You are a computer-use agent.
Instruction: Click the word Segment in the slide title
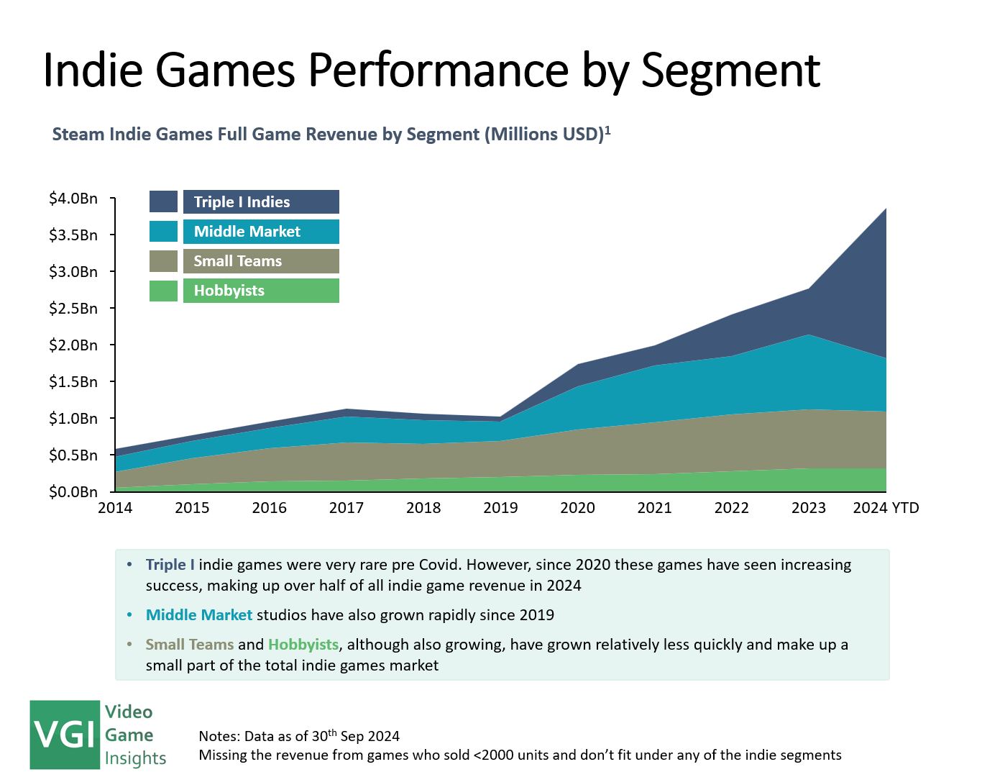730,71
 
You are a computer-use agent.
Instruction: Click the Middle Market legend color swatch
163,232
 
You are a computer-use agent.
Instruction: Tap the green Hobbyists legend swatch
163,291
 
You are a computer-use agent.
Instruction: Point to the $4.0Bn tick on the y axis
73,199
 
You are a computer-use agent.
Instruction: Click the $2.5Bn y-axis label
73,309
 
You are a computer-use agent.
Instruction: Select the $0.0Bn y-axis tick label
73,492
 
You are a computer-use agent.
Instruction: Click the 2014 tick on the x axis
115,508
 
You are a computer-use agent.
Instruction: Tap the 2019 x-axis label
500,508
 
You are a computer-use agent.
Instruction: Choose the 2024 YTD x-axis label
886,508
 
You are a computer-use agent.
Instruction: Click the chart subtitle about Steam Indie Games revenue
327,135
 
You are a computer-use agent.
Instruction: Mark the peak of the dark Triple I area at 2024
885,209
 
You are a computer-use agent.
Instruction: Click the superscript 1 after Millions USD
607,130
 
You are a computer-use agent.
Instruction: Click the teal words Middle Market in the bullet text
199,615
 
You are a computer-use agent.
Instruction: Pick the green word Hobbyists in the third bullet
303,645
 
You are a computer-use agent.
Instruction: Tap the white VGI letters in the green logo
65,735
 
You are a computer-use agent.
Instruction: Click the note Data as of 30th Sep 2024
299,736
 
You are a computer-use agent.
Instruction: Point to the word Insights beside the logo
135,758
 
